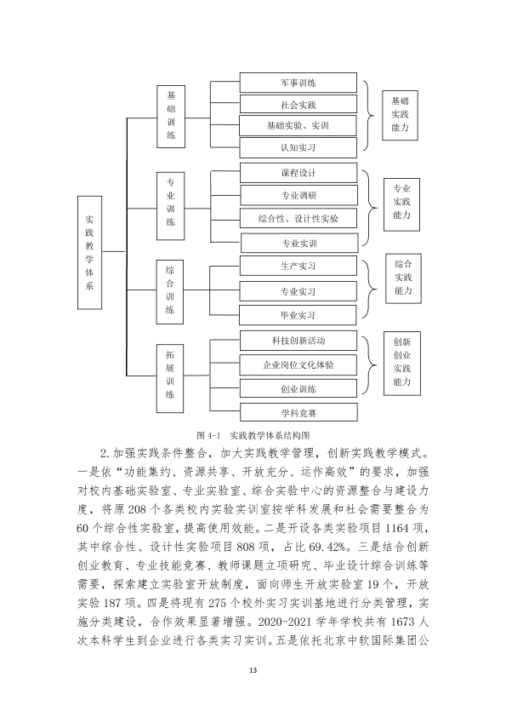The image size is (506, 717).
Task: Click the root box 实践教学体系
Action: (x=89, y=252)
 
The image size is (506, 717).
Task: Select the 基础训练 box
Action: (x=171, y=116)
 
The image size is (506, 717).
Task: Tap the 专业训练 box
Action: (x=170, y=206)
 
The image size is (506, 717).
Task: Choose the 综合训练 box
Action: (x=170, y=292)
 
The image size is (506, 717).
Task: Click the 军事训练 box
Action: (x=298, y=83)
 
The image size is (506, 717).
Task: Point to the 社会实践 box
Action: (x=298, y=104)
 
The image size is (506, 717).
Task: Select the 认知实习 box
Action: (x=298, y=147)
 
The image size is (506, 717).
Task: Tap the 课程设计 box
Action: (x=298, y=173)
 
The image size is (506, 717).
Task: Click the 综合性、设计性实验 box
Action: (x=298, y=218)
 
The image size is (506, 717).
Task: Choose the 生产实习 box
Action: (x=298, y=266)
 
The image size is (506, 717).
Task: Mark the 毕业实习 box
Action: (x=298, y=315)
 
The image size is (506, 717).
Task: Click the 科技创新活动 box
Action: (x=298, y=341)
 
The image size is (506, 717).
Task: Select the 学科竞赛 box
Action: (x=298, y=413)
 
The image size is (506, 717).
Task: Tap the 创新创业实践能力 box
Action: (x=402, y=364)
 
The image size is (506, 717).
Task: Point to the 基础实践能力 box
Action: (x=400, y=115)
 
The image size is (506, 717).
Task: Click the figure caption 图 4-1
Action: (x=208, y=435)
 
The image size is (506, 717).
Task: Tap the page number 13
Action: (x=253, y=670)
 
